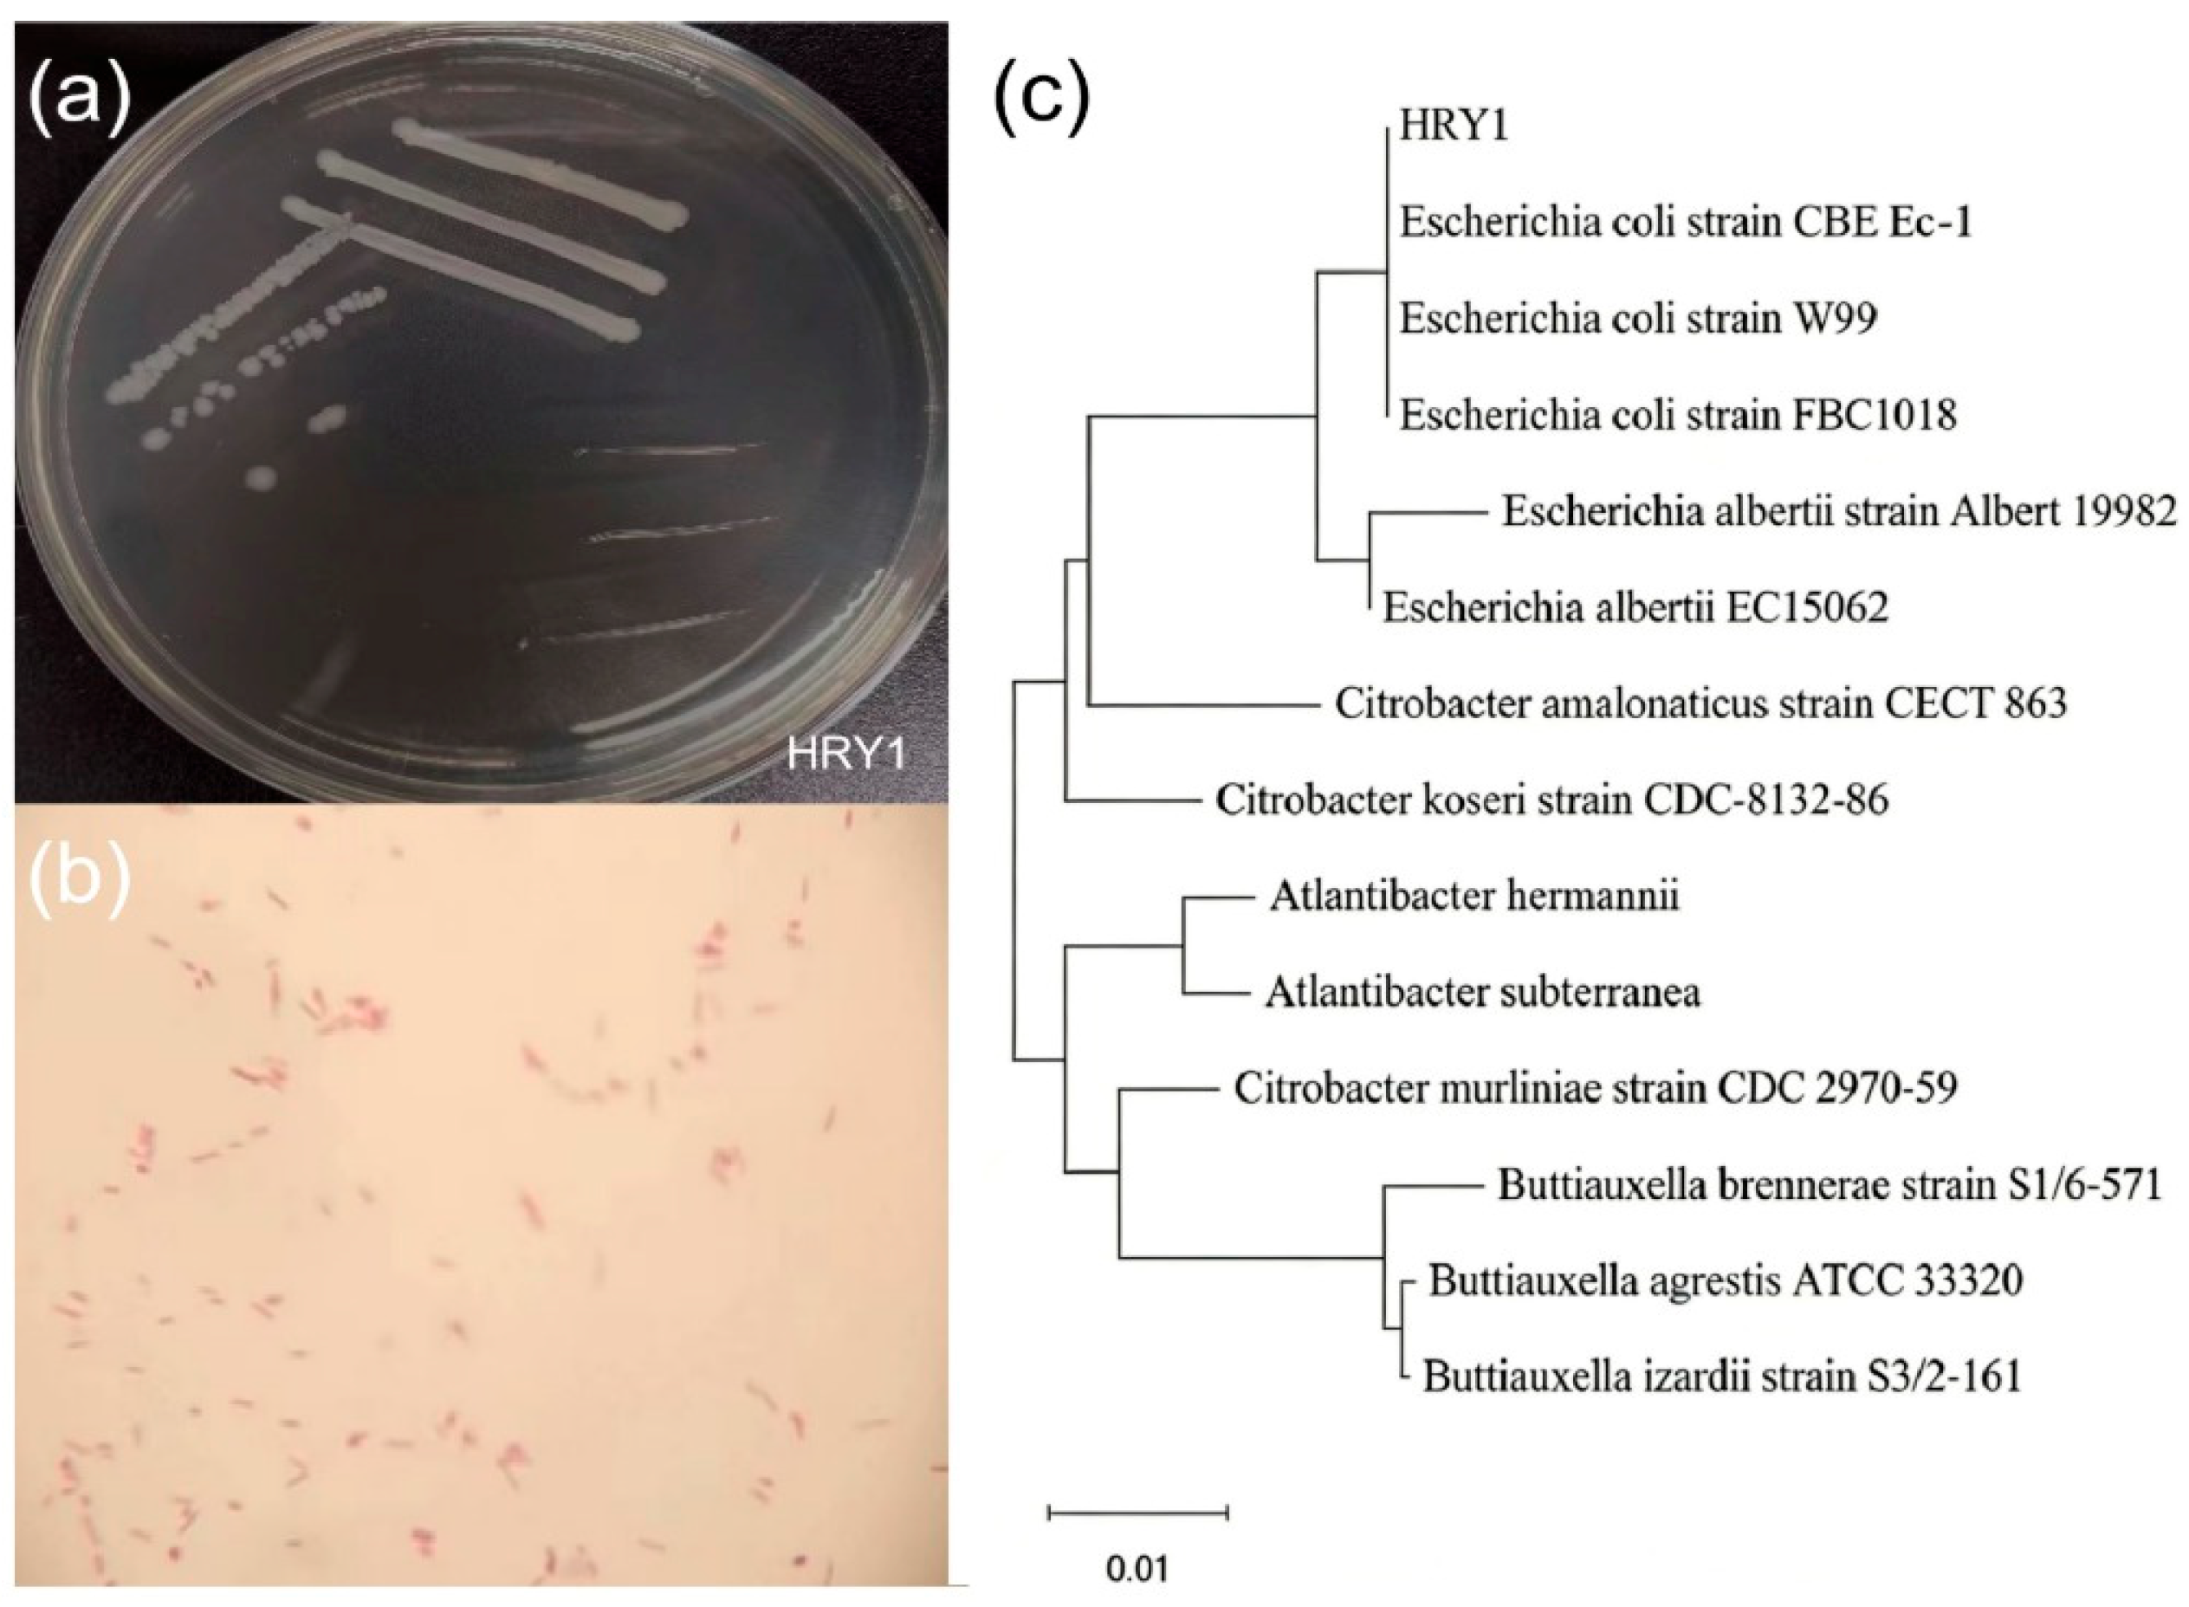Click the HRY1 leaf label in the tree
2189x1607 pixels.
point(1453,126)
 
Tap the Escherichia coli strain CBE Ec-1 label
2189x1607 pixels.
point(1685,223)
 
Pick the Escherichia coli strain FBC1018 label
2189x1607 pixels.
point(1678,417)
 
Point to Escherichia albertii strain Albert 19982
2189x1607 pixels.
point(1838,512)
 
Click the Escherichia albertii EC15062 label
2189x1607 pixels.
point(1635,608)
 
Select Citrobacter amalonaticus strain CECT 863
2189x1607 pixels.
point(1700,703)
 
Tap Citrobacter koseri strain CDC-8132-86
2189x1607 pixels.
point(1552,800)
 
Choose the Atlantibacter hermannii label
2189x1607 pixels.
point(1474,896)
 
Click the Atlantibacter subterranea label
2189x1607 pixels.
point(1483,993)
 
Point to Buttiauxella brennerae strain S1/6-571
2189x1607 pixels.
point(1830,1186)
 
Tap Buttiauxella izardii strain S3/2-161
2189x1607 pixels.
point(1722,1377)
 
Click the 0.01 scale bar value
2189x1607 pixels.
point(1137,1570)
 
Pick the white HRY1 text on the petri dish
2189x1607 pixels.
point(846,755)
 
